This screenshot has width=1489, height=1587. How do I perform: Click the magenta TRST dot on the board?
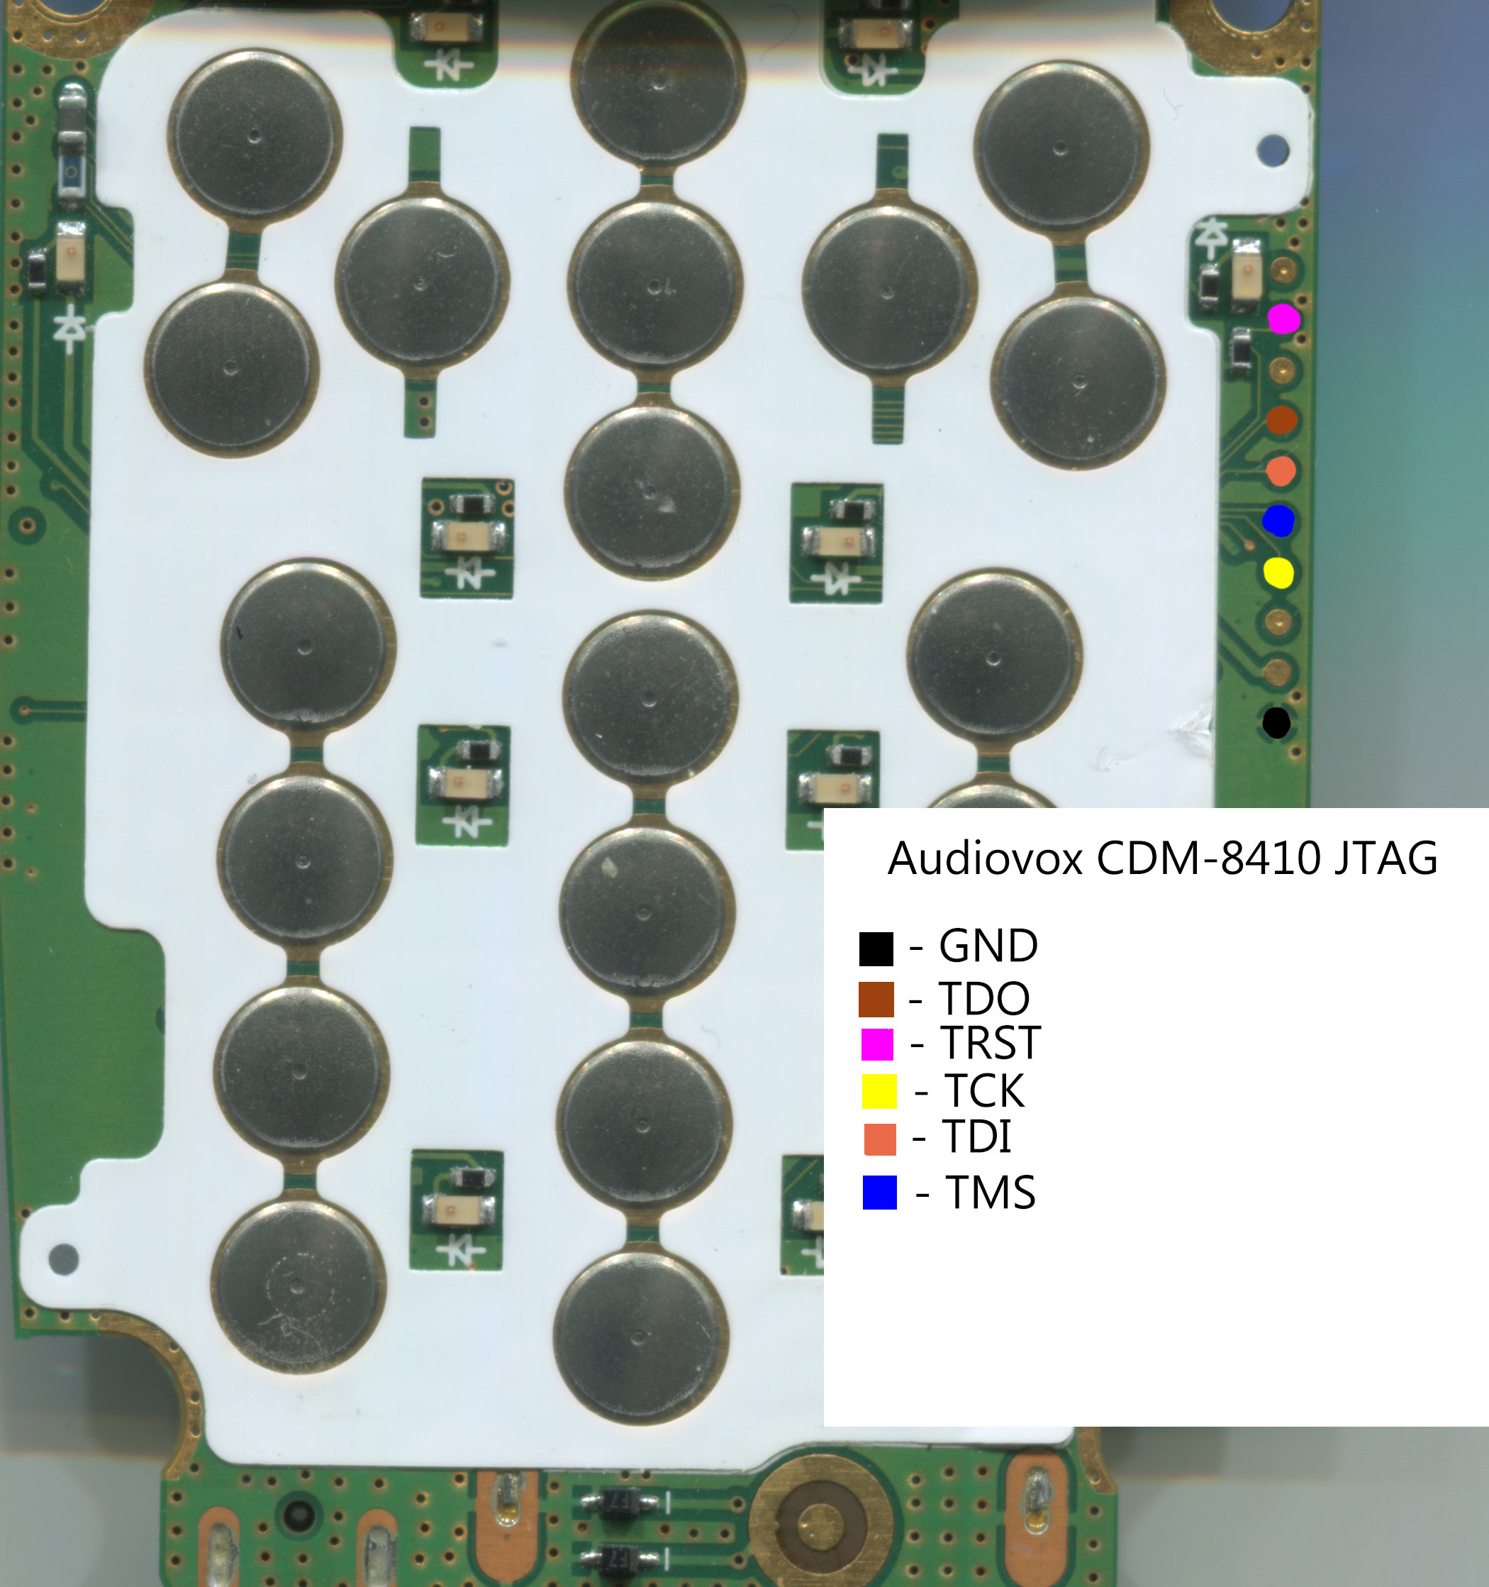click(x=1284, y=319)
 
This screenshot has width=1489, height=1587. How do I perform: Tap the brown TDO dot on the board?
click(x=1281, y=420)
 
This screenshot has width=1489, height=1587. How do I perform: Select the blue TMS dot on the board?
click(x=1278, y=521)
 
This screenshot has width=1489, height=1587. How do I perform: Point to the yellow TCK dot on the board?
click(x=1278, y=573)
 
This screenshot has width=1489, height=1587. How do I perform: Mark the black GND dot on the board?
click(x=1277, y=723)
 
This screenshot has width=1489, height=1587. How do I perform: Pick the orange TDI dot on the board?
click(x=1281, y=471)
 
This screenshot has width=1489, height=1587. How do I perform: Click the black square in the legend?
click(x=876, y=949)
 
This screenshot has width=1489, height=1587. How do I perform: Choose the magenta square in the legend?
click(x=877, y=1044)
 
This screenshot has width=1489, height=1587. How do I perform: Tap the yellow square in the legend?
click(x=879, y=1091)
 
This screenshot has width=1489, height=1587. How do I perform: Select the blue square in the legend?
click(x=880, y=1193)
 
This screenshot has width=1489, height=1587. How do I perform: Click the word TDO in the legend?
click(x=985, y=998)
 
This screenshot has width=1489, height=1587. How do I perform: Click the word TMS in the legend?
click(x=991, y=1193)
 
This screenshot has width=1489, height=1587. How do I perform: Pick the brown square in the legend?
click(x=876, y=1000)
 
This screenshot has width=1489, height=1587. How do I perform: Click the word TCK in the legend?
click(x=985, y=1090)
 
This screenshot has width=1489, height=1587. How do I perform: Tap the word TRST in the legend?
click(x=991, y=1043)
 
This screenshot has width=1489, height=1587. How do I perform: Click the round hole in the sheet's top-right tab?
click(x=1273, y=149)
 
